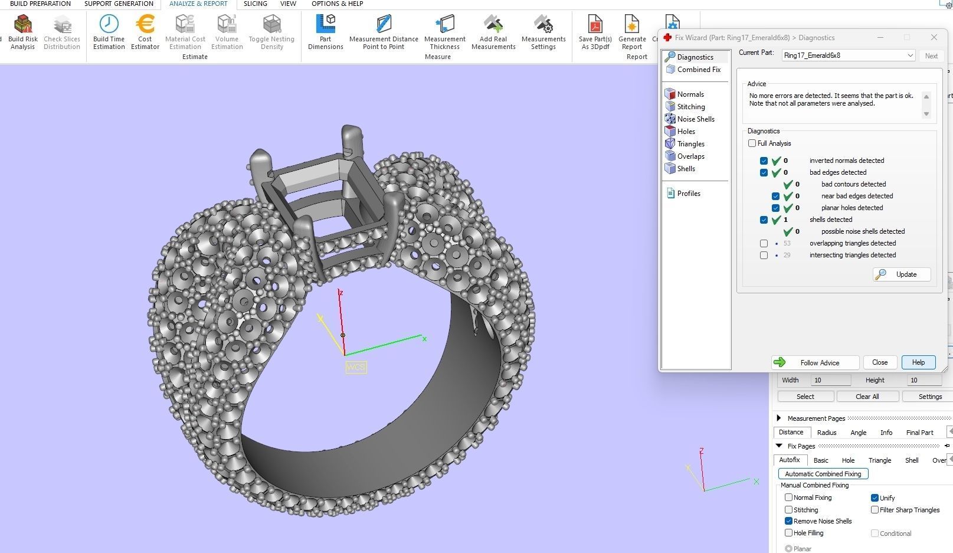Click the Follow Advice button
[x=815, y=362]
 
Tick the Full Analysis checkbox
[x=752, y=143]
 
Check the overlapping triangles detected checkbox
[x=764, y=243]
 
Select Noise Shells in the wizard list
[x=695, y=119]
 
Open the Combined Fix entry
[x=698, y=70]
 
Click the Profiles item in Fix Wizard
[x=688, y=194]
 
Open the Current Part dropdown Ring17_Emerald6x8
[x=848, y=55]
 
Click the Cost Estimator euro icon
[x=145, y=24]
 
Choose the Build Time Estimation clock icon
[x=109, y=24]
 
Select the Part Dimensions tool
[x=325, y=24]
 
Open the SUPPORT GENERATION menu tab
[x=119, y=4]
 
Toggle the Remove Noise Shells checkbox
[x=789, y=521]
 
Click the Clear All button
[x=867, y=397]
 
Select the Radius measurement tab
[x=826, y=433]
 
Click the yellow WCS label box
[x=356, y=367]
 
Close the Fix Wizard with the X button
[x=934, y=37]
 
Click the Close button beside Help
[x=879, y=362]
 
